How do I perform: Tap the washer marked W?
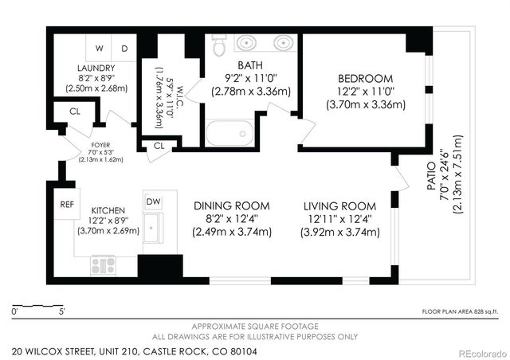[101, 48]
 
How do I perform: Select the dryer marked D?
[124, 48]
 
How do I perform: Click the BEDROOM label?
[365, 78]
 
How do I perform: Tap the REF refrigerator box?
[67, 204]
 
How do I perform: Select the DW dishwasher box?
[153, 202]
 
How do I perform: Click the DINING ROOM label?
[232, 205]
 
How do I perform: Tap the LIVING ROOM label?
[339, 205]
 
